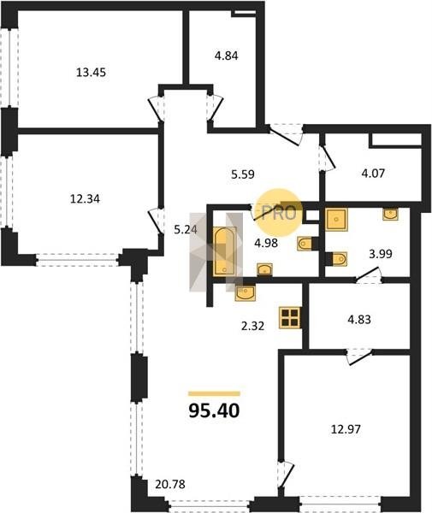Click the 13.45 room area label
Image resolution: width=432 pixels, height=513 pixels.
[91, 72]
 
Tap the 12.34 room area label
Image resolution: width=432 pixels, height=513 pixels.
[85, 198]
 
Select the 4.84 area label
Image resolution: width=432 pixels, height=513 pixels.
[226, 56]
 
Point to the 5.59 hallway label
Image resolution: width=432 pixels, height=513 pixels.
[243, 174]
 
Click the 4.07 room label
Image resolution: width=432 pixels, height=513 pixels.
[373, 173]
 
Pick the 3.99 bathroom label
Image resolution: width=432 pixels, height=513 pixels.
[381, 254]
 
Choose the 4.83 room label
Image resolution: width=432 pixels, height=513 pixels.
[359, 319]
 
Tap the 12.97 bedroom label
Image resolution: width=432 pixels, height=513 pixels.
[346, 429]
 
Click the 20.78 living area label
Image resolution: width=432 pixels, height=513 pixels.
[170, 484]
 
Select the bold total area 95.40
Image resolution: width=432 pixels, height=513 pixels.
[215, 410]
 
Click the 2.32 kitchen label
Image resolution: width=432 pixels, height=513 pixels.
[252, 326]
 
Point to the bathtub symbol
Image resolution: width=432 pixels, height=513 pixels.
[224, 251]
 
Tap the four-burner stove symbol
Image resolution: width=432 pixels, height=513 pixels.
[290, 317]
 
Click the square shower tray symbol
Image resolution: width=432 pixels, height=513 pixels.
[336, 219]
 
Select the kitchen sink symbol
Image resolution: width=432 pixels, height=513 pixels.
[246, 292]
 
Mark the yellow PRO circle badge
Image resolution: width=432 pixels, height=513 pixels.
[279, 213]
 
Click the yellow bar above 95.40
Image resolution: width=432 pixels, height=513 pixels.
[215, 393]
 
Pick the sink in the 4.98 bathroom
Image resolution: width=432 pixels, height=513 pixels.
[264, 269]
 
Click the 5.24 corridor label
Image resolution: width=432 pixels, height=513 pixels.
[186, 230]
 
